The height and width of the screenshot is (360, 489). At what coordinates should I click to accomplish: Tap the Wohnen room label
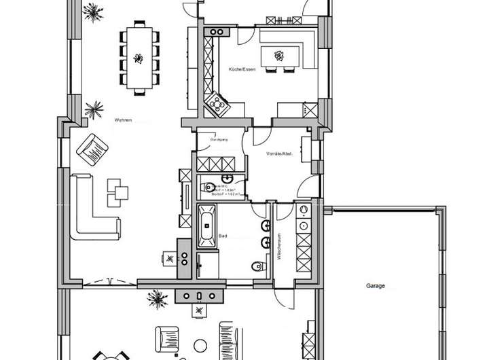pos(124,120)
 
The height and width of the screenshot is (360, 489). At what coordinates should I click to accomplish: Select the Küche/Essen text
pos(242,70)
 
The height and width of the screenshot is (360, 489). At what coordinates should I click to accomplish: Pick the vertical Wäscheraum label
pos(279,245)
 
